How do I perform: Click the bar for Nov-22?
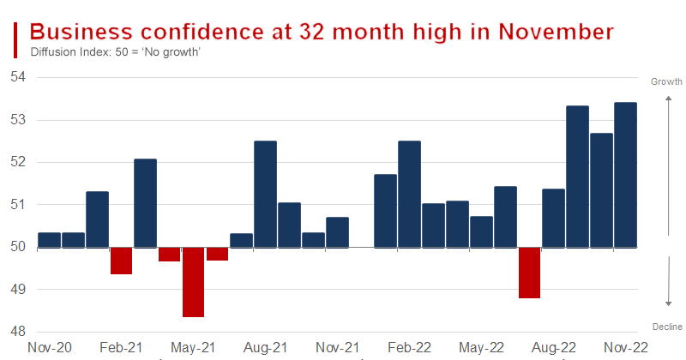[625, 175]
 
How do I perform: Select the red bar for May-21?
[193, 282]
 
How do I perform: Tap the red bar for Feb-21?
[121, 261]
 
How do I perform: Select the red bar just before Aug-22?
[529, 273]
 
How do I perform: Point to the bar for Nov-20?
[49, 240]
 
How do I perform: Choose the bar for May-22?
[481, 231]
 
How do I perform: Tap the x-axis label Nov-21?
[337, 348]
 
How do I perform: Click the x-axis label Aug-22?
[553, 348]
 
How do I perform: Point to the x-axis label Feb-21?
[121, 348]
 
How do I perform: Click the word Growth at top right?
[665, 82]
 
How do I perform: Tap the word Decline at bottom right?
[667, 327]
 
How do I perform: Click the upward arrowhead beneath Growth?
[668, 99]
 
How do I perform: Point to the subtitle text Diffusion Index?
[69, 52]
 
